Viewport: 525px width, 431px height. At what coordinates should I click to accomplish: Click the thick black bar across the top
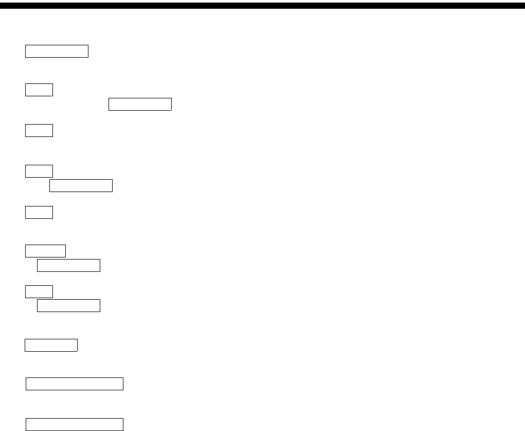pyautogui.click(x=262, y=6)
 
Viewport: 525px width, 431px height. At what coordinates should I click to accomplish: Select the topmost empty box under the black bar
pyautogui.click(x=57, y=51)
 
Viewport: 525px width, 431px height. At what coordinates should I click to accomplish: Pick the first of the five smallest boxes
pyautogui.click(x=39, y=90)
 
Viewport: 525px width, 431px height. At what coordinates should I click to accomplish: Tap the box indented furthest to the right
pyautogui.click(x=140, y=105)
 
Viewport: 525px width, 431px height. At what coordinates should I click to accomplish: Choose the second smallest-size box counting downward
pyautogui.click(x=39, y=130)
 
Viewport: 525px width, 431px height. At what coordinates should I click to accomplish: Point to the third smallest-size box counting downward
pyautogui.click(x=39, y=170)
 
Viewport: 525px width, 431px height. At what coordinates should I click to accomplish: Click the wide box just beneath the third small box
pyautogui.click(x=81, y=185)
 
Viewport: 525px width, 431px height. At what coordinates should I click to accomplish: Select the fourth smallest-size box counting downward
pyautogui.click(x=39, y=212)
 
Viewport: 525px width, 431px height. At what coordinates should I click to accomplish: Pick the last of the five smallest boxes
pyautogui.click(x=39, y=291)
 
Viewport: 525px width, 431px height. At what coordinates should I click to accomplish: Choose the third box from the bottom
pyautogui.click(x=51, y=345)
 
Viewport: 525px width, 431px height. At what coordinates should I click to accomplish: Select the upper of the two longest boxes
pyautogui.click(x=75, y=384)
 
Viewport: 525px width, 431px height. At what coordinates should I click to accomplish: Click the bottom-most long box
pyautogui.click(x=75, y=424)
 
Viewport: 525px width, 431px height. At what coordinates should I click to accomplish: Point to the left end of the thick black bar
pyautogui.click(x=2, y=6)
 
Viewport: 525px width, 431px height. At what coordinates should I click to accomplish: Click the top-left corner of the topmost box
pyautogui.click(x=26, y=45)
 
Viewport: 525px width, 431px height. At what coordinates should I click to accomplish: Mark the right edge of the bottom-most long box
pyautogui.click(x=123, y=424)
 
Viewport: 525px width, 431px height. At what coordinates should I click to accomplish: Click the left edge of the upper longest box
pyautogui.click(x=26, y=384)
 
